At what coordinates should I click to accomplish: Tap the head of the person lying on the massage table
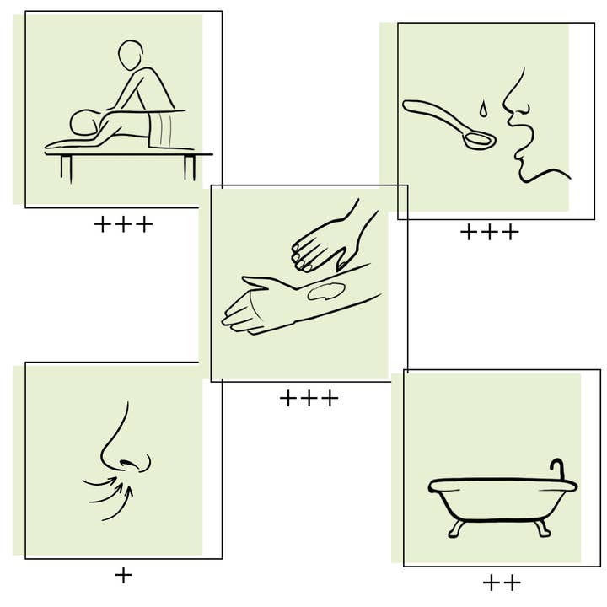point(85,122)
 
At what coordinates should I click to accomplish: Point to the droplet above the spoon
point(482,109)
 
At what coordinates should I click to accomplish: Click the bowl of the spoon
point(479,140)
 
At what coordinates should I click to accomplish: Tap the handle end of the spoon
point(407,105)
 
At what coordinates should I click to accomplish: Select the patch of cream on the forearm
point(326,291)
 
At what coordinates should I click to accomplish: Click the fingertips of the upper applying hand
point(301,257)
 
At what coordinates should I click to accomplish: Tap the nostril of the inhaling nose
point(128,464)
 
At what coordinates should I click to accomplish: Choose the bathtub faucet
point(558,470)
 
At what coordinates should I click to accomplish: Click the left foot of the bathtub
point(456,528)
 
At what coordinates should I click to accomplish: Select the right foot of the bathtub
point(543,528)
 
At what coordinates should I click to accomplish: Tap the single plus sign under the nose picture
point(123,575)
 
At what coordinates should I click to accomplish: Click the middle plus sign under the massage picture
point(123,224)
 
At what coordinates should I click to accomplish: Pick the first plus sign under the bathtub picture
point(491,583)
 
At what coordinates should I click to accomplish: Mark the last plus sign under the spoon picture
point(511,232)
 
